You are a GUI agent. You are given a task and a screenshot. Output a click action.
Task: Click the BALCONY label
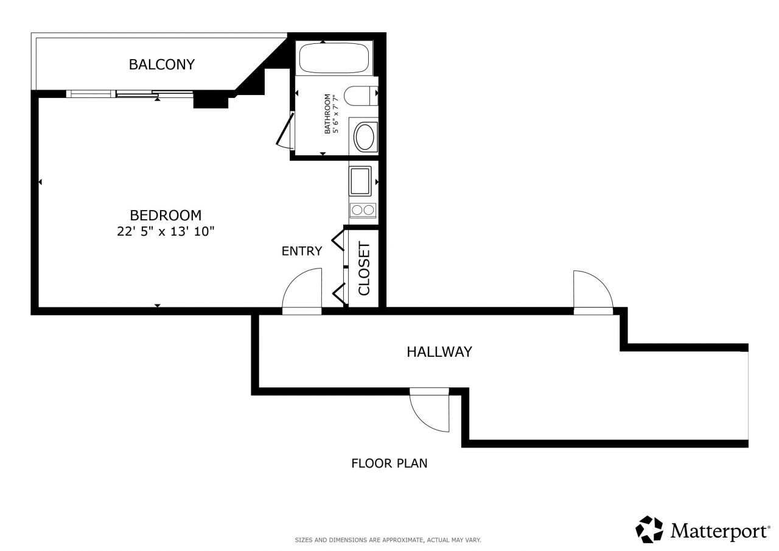pos(161,64)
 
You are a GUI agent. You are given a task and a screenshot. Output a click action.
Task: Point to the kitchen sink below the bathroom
pos(361,181)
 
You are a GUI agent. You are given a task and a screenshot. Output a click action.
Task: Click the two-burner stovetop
pos(363,211)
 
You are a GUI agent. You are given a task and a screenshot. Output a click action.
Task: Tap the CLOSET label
pos(364,268)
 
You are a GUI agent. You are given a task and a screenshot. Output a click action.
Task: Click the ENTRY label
pos(301,251)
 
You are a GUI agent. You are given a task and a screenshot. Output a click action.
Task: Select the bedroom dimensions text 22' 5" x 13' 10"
pos(166,231)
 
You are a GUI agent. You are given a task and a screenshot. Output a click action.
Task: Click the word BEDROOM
pos(166,215)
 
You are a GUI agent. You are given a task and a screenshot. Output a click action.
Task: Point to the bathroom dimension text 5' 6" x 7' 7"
pos(335,114)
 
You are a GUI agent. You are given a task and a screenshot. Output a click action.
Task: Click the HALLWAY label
pos(439,351)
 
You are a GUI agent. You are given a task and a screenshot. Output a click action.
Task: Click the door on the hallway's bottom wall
pos(430,410)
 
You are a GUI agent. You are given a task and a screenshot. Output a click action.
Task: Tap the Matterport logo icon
pos(649,530)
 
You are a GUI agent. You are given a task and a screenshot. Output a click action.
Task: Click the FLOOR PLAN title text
pos(389,463)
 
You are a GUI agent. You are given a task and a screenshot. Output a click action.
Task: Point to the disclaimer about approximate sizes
pos(388,540)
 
